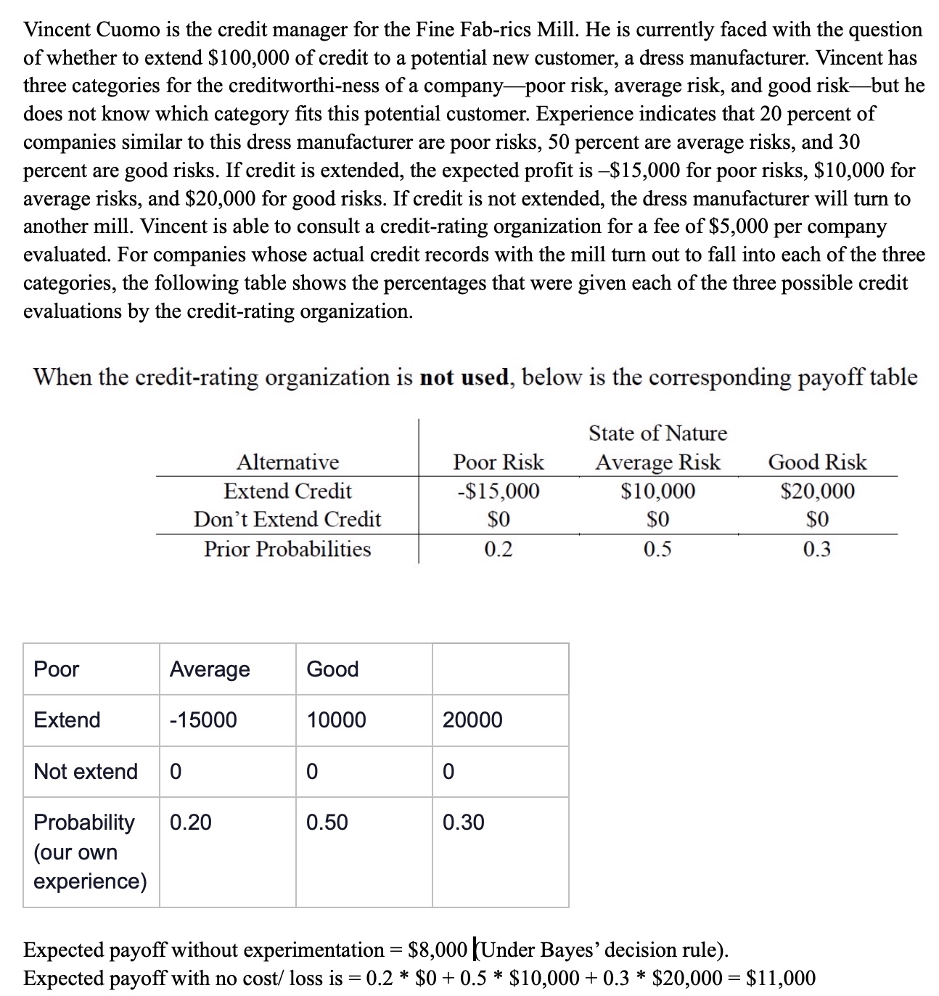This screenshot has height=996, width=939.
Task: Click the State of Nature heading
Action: coord(657,433)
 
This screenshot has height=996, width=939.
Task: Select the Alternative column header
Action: coord(287,462)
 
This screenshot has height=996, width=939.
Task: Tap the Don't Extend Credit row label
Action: coord(287,520)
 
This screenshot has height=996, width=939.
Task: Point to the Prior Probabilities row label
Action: coord(287,549)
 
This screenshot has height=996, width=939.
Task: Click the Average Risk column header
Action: coord(657,462)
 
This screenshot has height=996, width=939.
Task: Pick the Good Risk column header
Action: coord(817,462)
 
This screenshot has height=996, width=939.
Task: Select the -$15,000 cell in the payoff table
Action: coord(499,491)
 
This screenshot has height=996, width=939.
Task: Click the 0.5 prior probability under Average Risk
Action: coord(657,549)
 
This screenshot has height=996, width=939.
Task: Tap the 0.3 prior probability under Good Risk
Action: coord(817,549)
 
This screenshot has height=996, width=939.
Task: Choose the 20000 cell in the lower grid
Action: coord(472,720)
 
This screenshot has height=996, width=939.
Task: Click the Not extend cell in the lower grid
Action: coord(86,771)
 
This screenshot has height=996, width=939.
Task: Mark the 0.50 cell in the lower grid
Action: coord(327,822)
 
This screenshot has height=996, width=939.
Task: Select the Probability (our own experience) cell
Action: coord(90,852)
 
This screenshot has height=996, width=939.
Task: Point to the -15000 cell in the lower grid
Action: coord(203,720)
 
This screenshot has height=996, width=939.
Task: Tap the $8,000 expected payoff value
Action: coord(438,950)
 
